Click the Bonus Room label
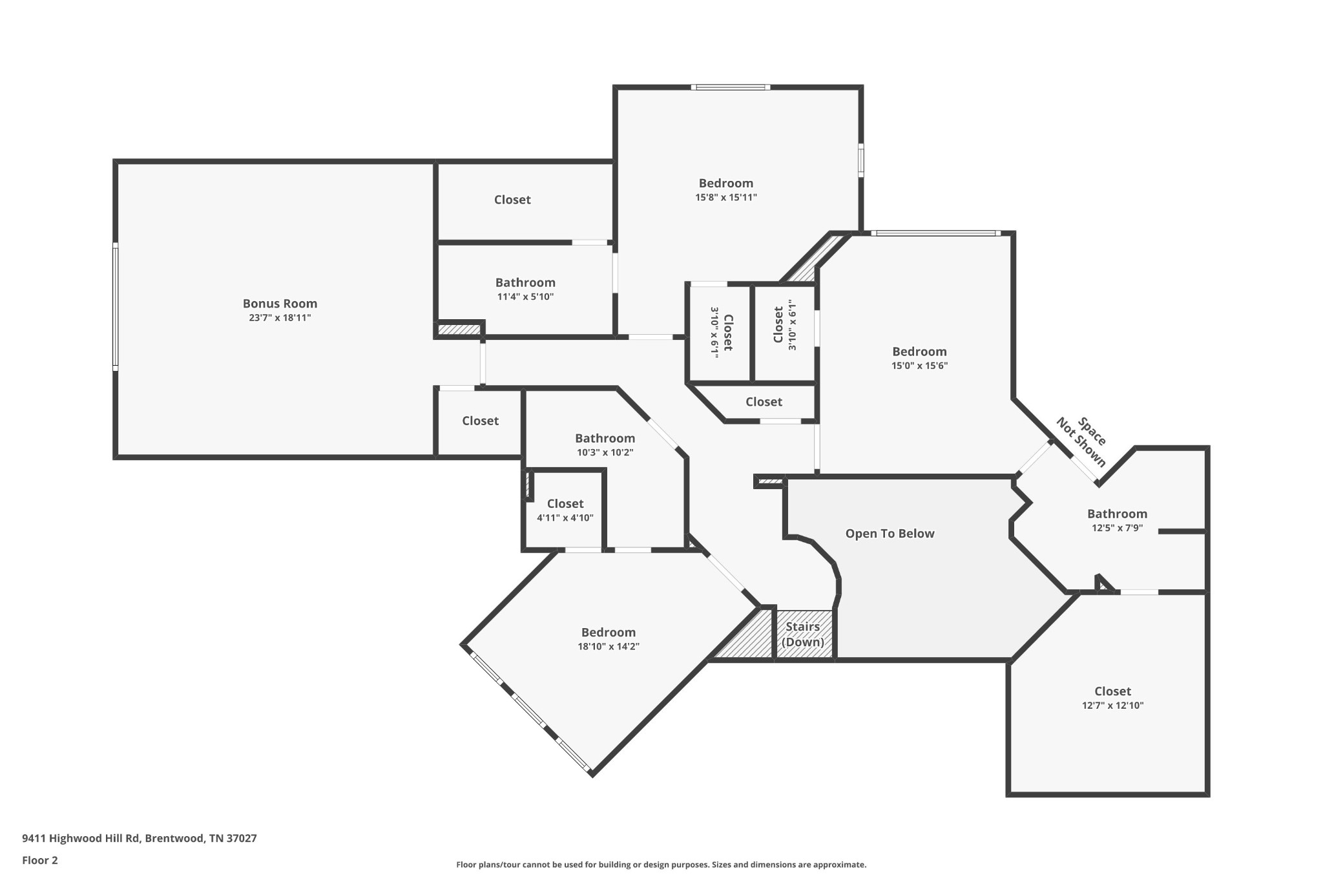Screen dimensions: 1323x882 [280, 303]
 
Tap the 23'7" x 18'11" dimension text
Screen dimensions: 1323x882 [280, 318]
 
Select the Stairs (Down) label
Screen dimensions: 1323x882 [803, 634]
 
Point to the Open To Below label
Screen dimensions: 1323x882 [890, 533]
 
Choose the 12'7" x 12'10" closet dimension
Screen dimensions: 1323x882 [1112, 706]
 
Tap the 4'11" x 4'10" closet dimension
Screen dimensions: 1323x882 [565, 518]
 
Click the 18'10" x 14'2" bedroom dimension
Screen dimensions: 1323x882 [608, 646]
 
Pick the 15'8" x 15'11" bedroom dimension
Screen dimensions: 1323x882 [725, 198]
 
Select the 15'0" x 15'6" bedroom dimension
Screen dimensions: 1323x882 [919, 366]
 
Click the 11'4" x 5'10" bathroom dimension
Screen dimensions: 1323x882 [525, 297]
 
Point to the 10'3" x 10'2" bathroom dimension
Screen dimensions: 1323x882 [605, 452]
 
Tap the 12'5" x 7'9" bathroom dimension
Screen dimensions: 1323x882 [1117, 527]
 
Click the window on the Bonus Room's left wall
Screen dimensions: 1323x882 [116, 306]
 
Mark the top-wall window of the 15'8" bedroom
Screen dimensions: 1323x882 [730, 87]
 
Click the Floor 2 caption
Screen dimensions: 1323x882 [40, 860]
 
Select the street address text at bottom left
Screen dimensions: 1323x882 [140, 838]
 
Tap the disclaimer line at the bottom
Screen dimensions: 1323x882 [661, 865]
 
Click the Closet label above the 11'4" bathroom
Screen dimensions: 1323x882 [512, 200]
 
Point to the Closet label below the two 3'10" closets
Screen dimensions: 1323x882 [764, 402]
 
